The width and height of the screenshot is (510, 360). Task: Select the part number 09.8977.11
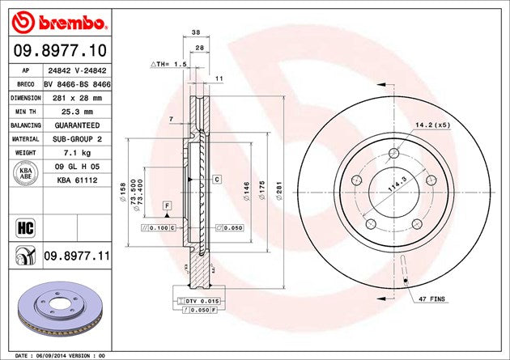pyautogui.click(x=76, y=256)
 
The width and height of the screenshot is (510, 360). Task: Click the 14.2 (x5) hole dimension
pyautogui.click(x=432, y=125)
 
